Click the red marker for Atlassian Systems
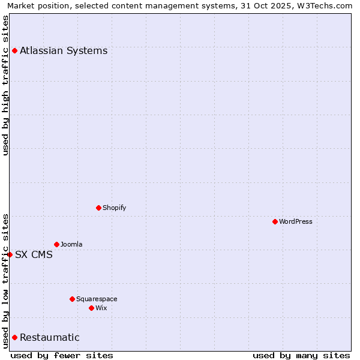pos(14,50)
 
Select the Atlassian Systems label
pos(64,50)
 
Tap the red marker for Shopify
pos(98,208)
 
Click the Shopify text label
pos(114,208)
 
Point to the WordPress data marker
pos(275,221)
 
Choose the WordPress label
pos(295,221)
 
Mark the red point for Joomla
pos(56,244)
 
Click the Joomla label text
pos(71,244)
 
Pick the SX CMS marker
pos(10,254)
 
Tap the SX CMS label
pos(34,254)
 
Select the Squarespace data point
pos(72,299)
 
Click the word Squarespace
pos(97,299)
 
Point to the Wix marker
pos(91,308)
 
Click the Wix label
pos(101,308)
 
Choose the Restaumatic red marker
pos(14,337)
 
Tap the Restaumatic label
pos(50,337)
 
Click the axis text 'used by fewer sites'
pos(62,355)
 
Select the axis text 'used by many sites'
pos(301,355)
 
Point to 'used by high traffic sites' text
pos(6,85)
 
